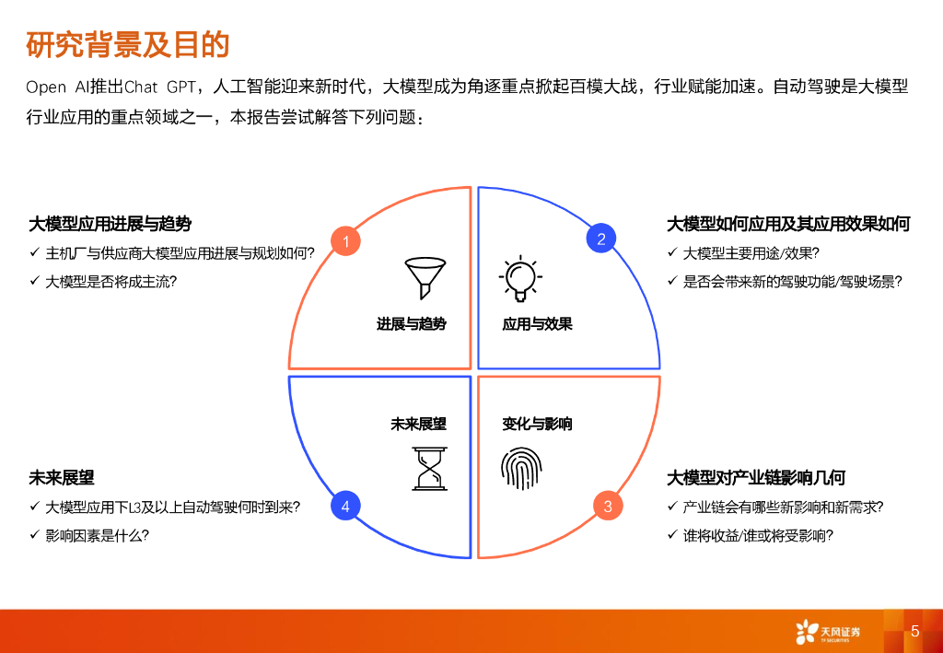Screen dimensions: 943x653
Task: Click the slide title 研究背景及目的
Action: coord(128,44)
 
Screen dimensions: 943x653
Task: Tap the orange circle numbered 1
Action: coord(345,242)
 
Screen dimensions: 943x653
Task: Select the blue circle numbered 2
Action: coord(601,239)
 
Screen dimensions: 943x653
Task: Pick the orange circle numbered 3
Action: coord(608,507)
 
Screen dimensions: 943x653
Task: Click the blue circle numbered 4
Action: coord(345,506)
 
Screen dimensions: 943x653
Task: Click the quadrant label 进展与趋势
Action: coord(412,324)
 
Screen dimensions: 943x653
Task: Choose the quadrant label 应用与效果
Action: coord(537,324)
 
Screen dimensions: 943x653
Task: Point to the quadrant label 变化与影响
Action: coord(537,424)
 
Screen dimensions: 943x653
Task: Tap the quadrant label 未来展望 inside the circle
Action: coord(418,424)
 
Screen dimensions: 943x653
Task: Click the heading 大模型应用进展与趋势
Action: coord(111,224)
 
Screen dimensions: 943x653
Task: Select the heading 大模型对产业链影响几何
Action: coord(756,478)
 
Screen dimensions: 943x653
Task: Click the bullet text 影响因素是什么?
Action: coord(98,535)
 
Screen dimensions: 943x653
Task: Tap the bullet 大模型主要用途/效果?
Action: coord(751,253)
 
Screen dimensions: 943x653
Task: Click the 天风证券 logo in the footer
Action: coord(827,632)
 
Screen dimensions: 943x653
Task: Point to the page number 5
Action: coord(914,631)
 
